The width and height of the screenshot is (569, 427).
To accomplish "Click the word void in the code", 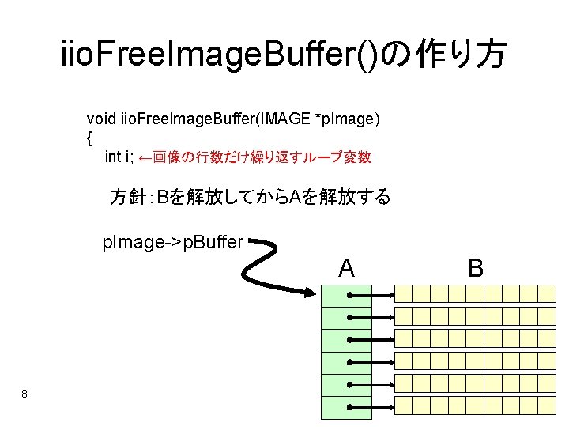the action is (x=101, y=119).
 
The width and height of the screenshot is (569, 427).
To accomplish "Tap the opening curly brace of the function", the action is (x=89, y=138).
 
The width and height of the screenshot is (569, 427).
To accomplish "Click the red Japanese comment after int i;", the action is (x=254, y=157).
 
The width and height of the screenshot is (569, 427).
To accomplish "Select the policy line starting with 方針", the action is (x=250, y=197).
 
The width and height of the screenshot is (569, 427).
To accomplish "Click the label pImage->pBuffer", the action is (x=173, y=242).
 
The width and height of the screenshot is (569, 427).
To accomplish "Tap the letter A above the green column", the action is (x=346, y=268).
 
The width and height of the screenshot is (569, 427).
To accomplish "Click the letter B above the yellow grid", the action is (x=476, y=268).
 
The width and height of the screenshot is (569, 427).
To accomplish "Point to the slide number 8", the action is (x=25, y=394).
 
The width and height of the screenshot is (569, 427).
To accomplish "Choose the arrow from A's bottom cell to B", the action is (x=371, y=406).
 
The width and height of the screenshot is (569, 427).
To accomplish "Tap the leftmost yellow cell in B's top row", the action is (x=404, y=294).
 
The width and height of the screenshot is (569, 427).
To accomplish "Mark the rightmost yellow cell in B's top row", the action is (x=548, y=294).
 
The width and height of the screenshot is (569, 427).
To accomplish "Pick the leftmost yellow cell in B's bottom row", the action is (x=404, y=406).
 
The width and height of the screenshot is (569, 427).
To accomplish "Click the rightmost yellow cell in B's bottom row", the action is (x=548, y=406).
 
